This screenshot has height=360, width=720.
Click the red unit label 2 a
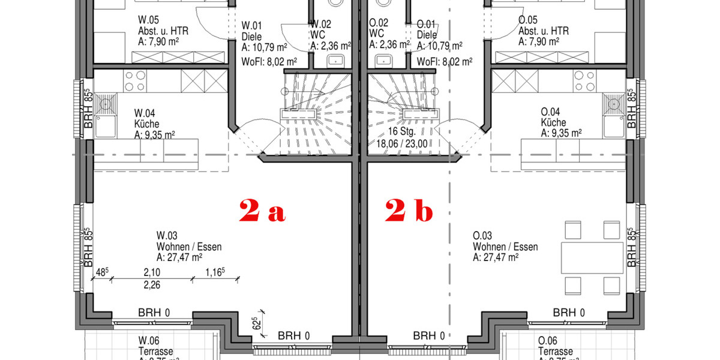click(x=262, y=211)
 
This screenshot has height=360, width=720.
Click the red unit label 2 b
click(x=408, y=211)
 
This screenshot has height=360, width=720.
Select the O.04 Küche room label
click(x=561, y=122)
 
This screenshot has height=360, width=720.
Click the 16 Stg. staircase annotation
click(x=402, y=138)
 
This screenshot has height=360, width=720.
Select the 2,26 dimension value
click(x=152, y=285)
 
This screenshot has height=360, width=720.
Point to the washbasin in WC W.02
click(x=335, y=60)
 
